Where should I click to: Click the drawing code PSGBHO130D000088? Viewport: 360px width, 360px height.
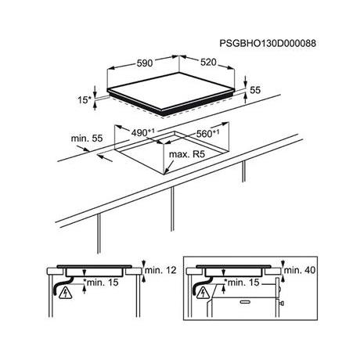point(268,43)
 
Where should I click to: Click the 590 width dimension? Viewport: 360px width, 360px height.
point(145,63)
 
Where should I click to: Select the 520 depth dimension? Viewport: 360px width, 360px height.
point(208,63)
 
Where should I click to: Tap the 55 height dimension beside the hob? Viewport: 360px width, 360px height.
point(255,90)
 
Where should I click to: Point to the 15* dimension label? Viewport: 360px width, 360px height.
point(85,99)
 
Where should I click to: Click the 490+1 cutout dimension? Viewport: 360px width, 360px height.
point(143,133)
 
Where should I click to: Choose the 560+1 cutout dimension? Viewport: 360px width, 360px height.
point(207,133)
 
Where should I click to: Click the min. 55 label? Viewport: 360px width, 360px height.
point(87,139)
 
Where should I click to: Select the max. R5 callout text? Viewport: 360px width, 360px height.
point(187,154)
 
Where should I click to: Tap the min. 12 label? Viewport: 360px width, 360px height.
point(160,270)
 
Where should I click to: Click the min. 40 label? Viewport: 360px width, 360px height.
point(300,270)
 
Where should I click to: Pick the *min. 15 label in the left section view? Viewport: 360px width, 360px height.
point(101,282)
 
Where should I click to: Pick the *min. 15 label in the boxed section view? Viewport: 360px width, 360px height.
point(242,282)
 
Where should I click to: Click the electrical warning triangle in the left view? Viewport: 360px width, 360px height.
point(66,293)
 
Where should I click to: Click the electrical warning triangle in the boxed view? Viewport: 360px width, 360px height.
point(205,293)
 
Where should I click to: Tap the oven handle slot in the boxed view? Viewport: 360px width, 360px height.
point(245,302)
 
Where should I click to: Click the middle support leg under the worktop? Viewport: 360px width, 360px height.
point(172,209)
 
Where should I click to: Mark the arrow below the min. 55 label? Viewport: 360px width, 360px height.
point(105,158)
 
